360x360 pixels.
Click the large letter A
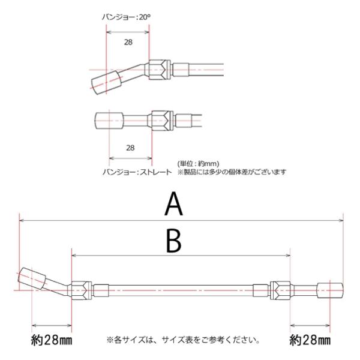(x=174, y=205)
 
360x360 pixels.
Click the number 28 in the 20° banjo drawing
(x=128, y=42)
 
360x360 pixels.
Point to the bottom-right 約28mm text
(x=310, y=341)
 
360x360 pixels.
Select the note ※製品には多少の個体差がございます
(x=232, y=172)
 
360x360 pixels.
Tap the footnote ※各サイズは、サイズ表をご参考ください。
(x=184, y=340)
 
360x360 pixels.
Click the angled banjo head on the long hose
(x=34, y=280)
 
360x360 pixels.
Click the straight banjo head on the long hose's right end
(x=331, y=290)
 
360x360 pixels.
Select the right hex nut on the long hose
(x=280, y=290)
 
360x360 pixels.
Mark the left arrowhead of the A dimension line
(x=22, y=221)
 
